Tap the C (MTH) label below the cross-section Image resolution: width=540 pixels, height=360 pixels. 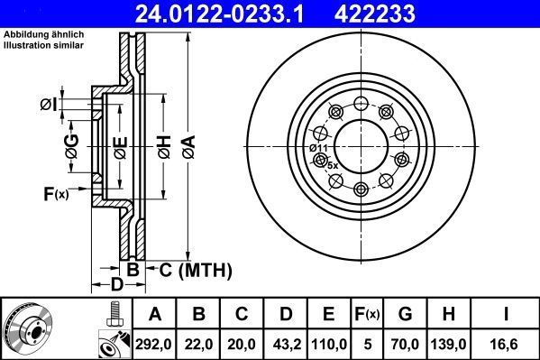coord(196,270)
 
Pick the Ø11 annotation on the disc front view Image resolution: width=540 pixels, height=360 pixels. coord(318,147)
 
